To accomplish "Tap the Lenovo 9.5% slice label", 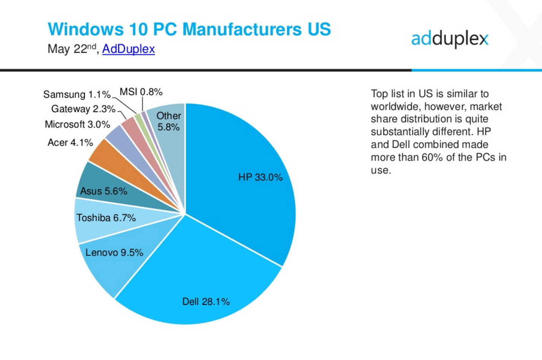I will click(114, 253).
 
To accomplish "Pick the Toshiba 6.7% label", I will click(106, 218).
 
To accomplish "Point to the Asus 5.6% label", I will click(103, 191).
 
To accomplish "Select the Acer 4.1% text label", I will click(70, 142).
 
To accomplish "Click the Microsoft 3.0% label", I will click(78, 125).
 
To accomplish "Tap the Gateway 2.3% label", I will click(83, 109).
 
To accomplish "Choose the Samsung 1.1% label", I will click(77, 94).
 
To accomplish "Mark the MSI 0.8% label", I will click(141, 92).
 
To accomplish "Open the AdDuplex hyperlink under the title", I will click(128, 49).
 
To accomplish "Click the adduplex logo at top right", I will click(450, 39).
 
